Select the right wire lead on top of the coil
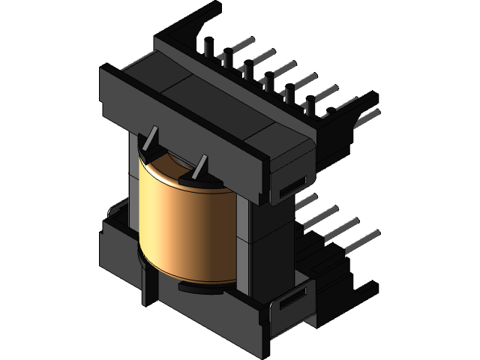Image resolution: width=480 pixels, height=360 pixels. coord(199,168)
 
